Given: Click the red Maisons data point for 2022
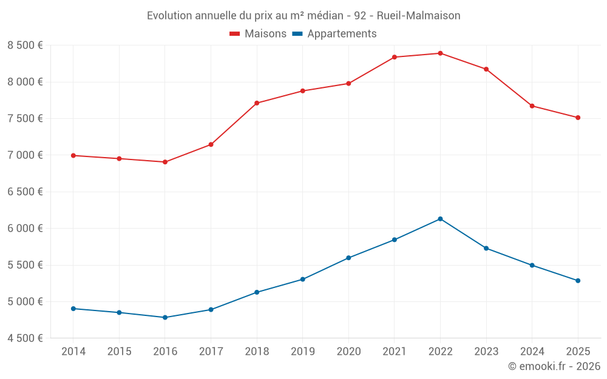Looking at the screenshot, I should (x=440, y=53).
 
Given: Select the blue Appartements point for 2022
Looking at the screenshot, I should (x=440, y=219).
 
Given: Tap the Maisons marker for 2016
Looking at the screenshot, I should (x=165, y=162).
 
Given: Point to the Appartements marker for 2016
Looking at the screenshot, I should (x=165, y=317).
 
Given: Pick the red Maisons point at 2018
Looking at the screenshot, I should (x=257, y=103).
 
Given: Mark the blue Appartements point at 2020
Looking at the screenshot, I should (x=348, y=258).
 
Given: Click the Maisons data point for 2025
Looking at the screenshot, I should (x=578, y=118).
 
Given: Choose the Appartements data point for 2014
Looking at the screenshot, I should (x=73, y=309).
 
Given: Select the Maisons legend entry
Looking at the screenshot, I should (x=258, y=34).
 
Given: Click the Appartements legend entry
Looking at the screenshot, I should (x=334, y=34).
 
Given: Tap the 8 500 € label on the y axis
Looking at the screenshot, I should (x=25, y=45).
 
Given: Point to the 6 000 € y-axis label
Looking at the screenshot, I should (x=25, y=229).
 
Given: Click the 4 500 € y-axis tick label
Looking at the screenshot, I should (x=25, y=338).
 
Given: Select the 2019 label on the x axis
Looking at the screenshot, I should (x=302, y=351).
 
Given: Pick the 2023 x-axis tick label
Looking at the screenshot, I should (x=486, y=351).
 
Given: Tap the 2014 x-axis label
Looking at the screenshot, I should (x=73, y=351).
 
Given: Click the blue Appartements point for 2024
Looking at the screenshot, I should (x=532, y=265).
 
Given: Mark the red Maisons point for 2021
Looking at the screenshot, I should (x=395, y=57).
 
